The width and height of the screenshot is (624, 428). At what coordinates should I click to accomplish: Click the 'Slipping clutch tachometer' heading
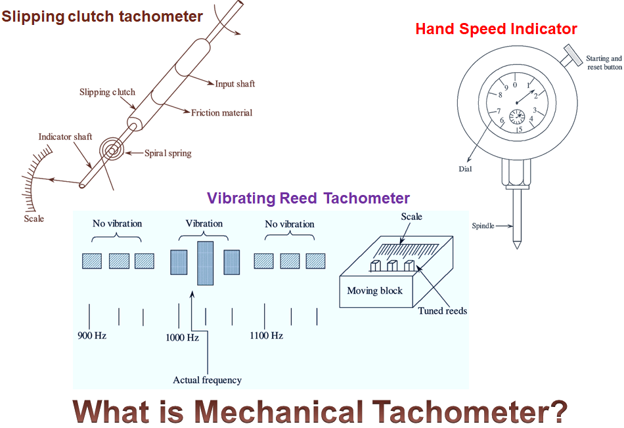point(102,16)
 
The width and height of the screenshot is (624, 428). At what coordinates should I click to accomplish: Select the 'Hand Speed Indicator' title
point(497,29)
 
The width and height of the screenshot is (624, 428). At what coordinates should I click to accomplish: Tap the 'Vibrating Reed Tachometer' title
point(308,198)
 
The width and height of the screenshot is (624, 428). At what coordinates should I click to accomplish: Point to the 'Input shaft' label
point(234,84)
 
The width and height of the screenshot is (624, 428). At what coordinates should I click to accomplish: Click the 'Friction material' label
point(221,113)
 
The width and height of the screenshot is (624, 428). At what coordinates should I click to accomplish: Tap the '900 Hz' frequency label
point(92,336)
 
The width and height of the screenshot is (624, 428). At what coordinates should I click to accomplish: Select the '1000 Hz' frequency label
point(182,337)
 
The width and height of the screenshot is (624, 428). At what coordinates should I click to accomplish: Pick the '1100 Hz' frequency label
point(266,336)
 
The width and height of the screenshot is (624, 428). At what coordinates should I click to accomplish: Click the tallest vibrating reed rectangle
point(206,263)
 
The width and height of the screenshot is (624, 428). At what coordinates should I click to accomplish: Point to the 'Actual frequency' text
point(207,380)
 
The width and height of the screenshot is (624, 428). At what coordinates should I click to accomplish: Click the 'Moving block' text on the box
point(374,291)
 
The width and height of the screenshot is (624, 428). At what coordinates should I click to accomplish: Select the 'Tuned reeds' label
point(442,310)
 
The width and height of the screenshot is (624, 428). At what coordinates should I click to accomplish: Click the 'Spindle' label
point(483,226)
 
